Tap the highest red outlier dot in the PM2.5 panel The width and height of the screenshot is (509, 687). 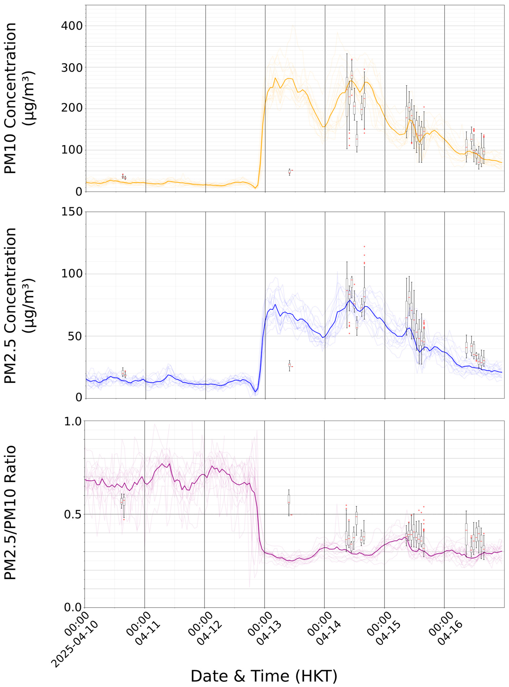[x=364, y=246]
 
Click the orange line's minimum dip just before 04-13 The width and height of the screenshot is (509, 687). [x=255, y=188]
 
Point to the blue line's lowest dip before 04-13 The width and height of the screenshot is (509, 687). [x=255, y=392]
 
